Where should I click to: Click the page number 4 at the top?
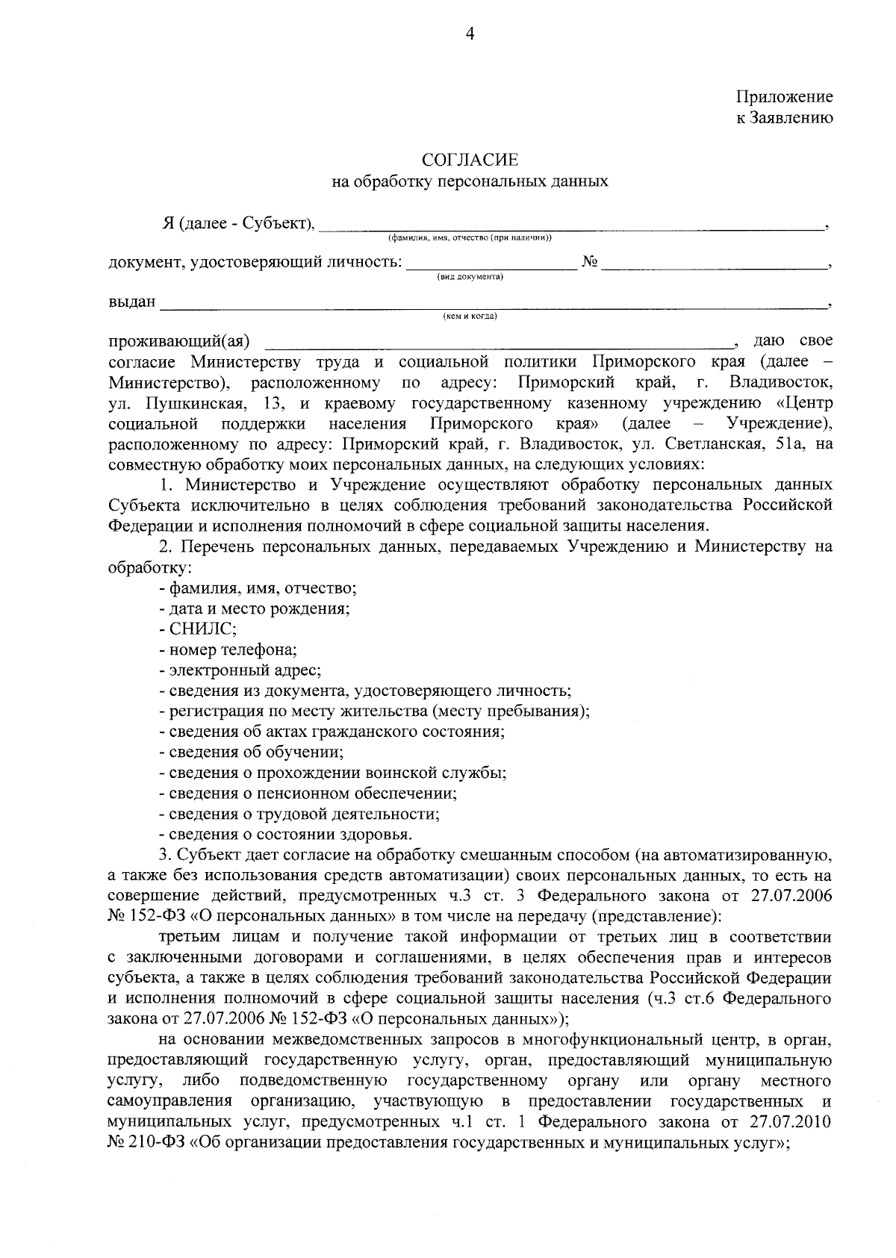tap(470, 34)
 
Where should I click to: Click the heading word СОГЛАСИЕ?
tap(470, 160)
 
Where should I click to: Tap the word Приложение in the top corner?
tap(784, 97)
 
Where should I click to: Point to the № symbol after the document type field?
tap(590, 262)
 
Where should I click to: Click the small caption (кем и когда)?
tap(470, 317)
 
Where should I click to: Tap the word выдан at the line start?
tap(132, 302)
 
